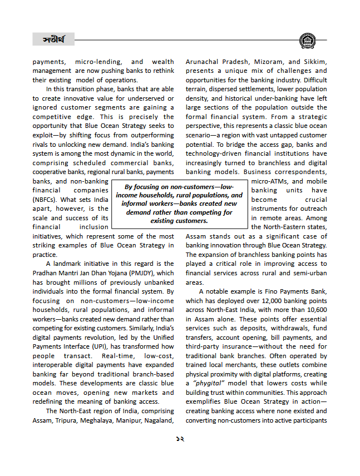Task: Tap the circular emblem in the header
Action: [307, 41]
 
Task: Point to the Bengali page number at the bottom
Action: [180, 439]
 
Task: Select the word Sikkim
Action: [315, 62]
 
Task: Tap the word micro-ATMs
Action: [269, 181]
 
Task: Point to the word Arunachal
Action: [204, 62]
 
